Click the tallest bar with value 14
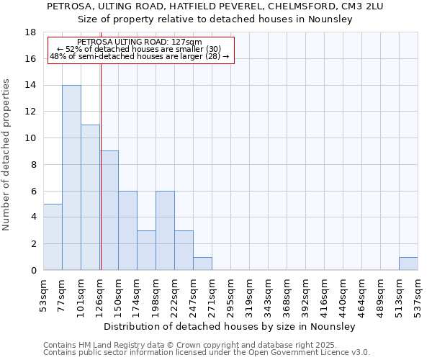click(71, 178)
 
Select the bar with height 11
click(90, 197)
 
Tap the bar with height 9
click(109, 210)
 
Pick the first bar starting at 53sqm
click(53, 237)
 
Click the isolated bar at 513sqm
click(408, 264)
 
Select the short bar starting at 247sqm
click(202, 264)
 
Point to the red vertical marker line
click(101, 180)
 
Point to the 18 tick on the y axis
click(31, 32)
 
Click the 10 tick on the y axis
click(31, 138)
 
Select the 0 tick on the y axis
click(33, 270)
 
